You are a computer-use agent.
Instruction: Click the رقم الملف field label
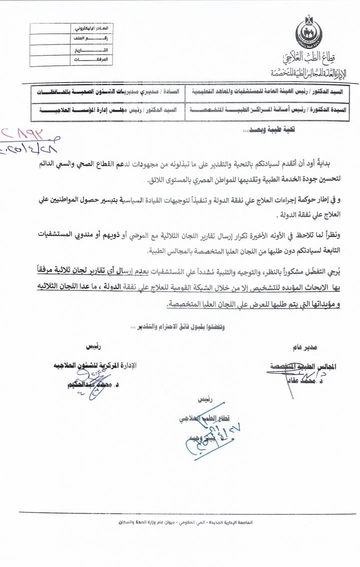100,39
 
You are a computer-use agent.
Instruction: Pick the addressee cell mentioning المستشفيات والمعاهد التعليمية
267,92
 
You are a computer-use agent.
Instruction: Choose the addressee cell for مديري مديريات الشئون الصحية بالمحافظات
107,92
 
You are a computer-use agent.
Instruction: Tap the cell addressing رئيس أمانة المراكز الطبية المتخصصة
267,109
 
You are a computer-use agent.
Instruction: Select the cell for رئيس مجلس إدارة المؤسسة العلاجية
107,109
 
